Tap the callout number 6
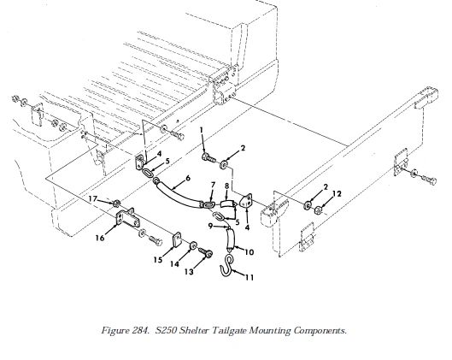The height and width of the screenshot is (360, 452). [188, 178]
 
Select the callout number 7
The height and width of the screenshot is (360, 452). [213, 185]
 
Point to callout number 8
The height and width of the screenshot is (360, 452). [227, 186]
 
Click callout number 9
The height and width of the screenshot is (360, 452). [211, 226]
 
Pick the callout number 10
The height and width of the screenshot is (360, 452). [249, 252]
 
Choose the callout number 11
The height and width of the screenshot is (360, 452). [249, 278]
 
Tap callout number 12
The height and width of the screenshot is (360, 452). [337, 193]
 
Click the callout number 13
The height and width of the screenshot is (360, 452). [189, 272]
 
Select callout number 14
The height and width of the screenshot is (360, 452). [174, 264]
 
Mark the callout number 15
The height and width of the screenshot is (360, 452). [158, 260]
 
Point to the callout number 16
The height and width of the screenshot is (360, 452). [100, 238]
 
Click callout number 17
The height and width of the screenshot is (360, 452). [93, 198]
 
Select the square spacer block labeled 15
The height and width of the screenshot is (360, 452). [177, 239]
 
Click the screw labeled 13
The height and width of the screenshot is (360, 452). [206, 253]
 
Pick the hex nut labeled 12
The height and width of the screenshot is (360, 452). [318, 210]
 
